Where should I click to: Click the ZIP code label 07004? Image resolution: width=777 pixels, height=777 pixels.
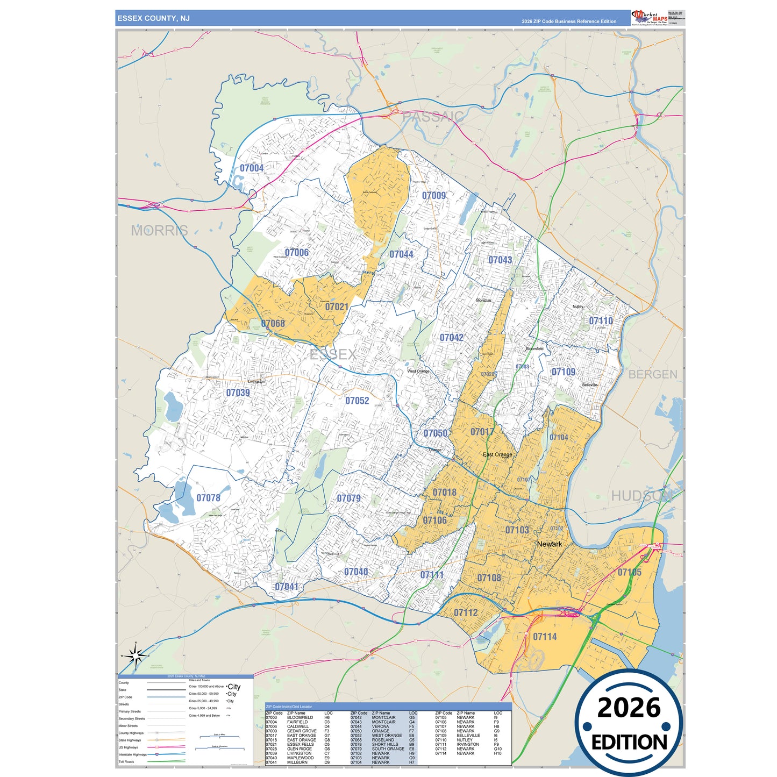(252, 168)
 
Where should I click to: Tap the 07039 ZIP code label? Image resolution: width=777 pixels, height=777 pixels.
(238, 393)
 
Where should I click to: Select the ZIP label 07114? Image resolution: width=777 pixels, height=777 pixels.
(545, 637)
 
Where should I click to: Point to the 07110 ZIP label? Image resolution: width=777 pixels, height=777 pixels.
(601, 321)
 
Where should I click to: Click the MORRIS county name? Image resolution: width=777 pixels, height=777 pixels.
(160, 231)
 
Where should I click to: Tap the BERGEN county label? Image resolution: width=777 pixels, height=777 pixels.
(653, 374)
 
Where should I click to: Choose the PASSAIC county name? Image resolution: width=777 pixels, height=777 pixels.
(433, 117)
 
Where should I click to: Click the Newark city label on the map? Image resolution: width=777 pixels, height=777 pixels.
(549, 544)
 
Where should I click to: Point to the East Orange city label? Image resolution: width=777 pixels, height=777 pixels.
(497, 455)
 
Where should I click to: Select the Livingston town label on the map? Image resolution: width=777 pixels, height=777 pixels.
(256, 382)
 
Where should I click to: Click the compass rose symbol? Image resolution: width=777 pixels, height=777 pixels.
(136, 655)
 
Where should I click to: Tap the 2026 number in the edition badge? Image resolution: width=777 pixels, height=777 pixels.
(629, 708)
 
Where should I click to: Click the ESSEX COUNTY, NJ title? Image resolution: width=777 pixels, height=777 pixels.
(154, 18)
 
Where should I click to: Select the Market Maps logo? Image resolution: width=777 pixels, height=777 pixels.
(650, 18)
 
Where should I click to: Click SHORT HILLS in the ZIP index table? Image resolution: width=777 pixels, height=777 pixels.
(384, 745)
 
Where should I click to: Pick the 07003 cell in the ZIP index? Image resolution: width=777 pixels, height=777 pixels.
(271, 718)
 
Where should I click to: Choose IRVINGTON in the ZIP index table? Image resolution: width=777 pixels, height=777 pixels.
(468, 745)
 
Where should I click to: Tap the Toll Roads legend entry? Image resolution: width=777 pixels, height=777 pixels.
(127, 762)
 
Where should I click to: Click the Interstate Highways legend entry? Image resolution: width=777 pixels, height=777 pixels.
(132, 754)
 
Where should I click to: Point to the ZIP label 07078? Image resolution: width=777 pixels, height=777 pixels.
(208, 498)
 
